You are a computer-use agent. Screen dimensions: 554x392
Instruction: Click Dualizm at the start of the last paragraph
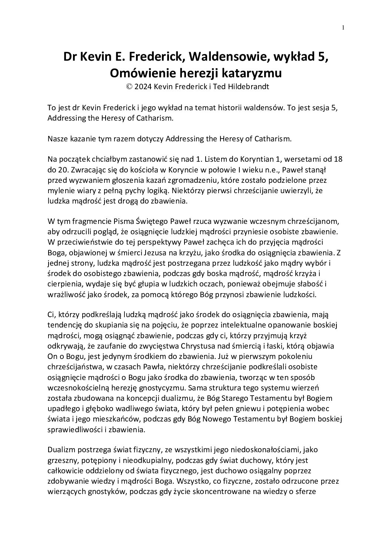61,450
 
